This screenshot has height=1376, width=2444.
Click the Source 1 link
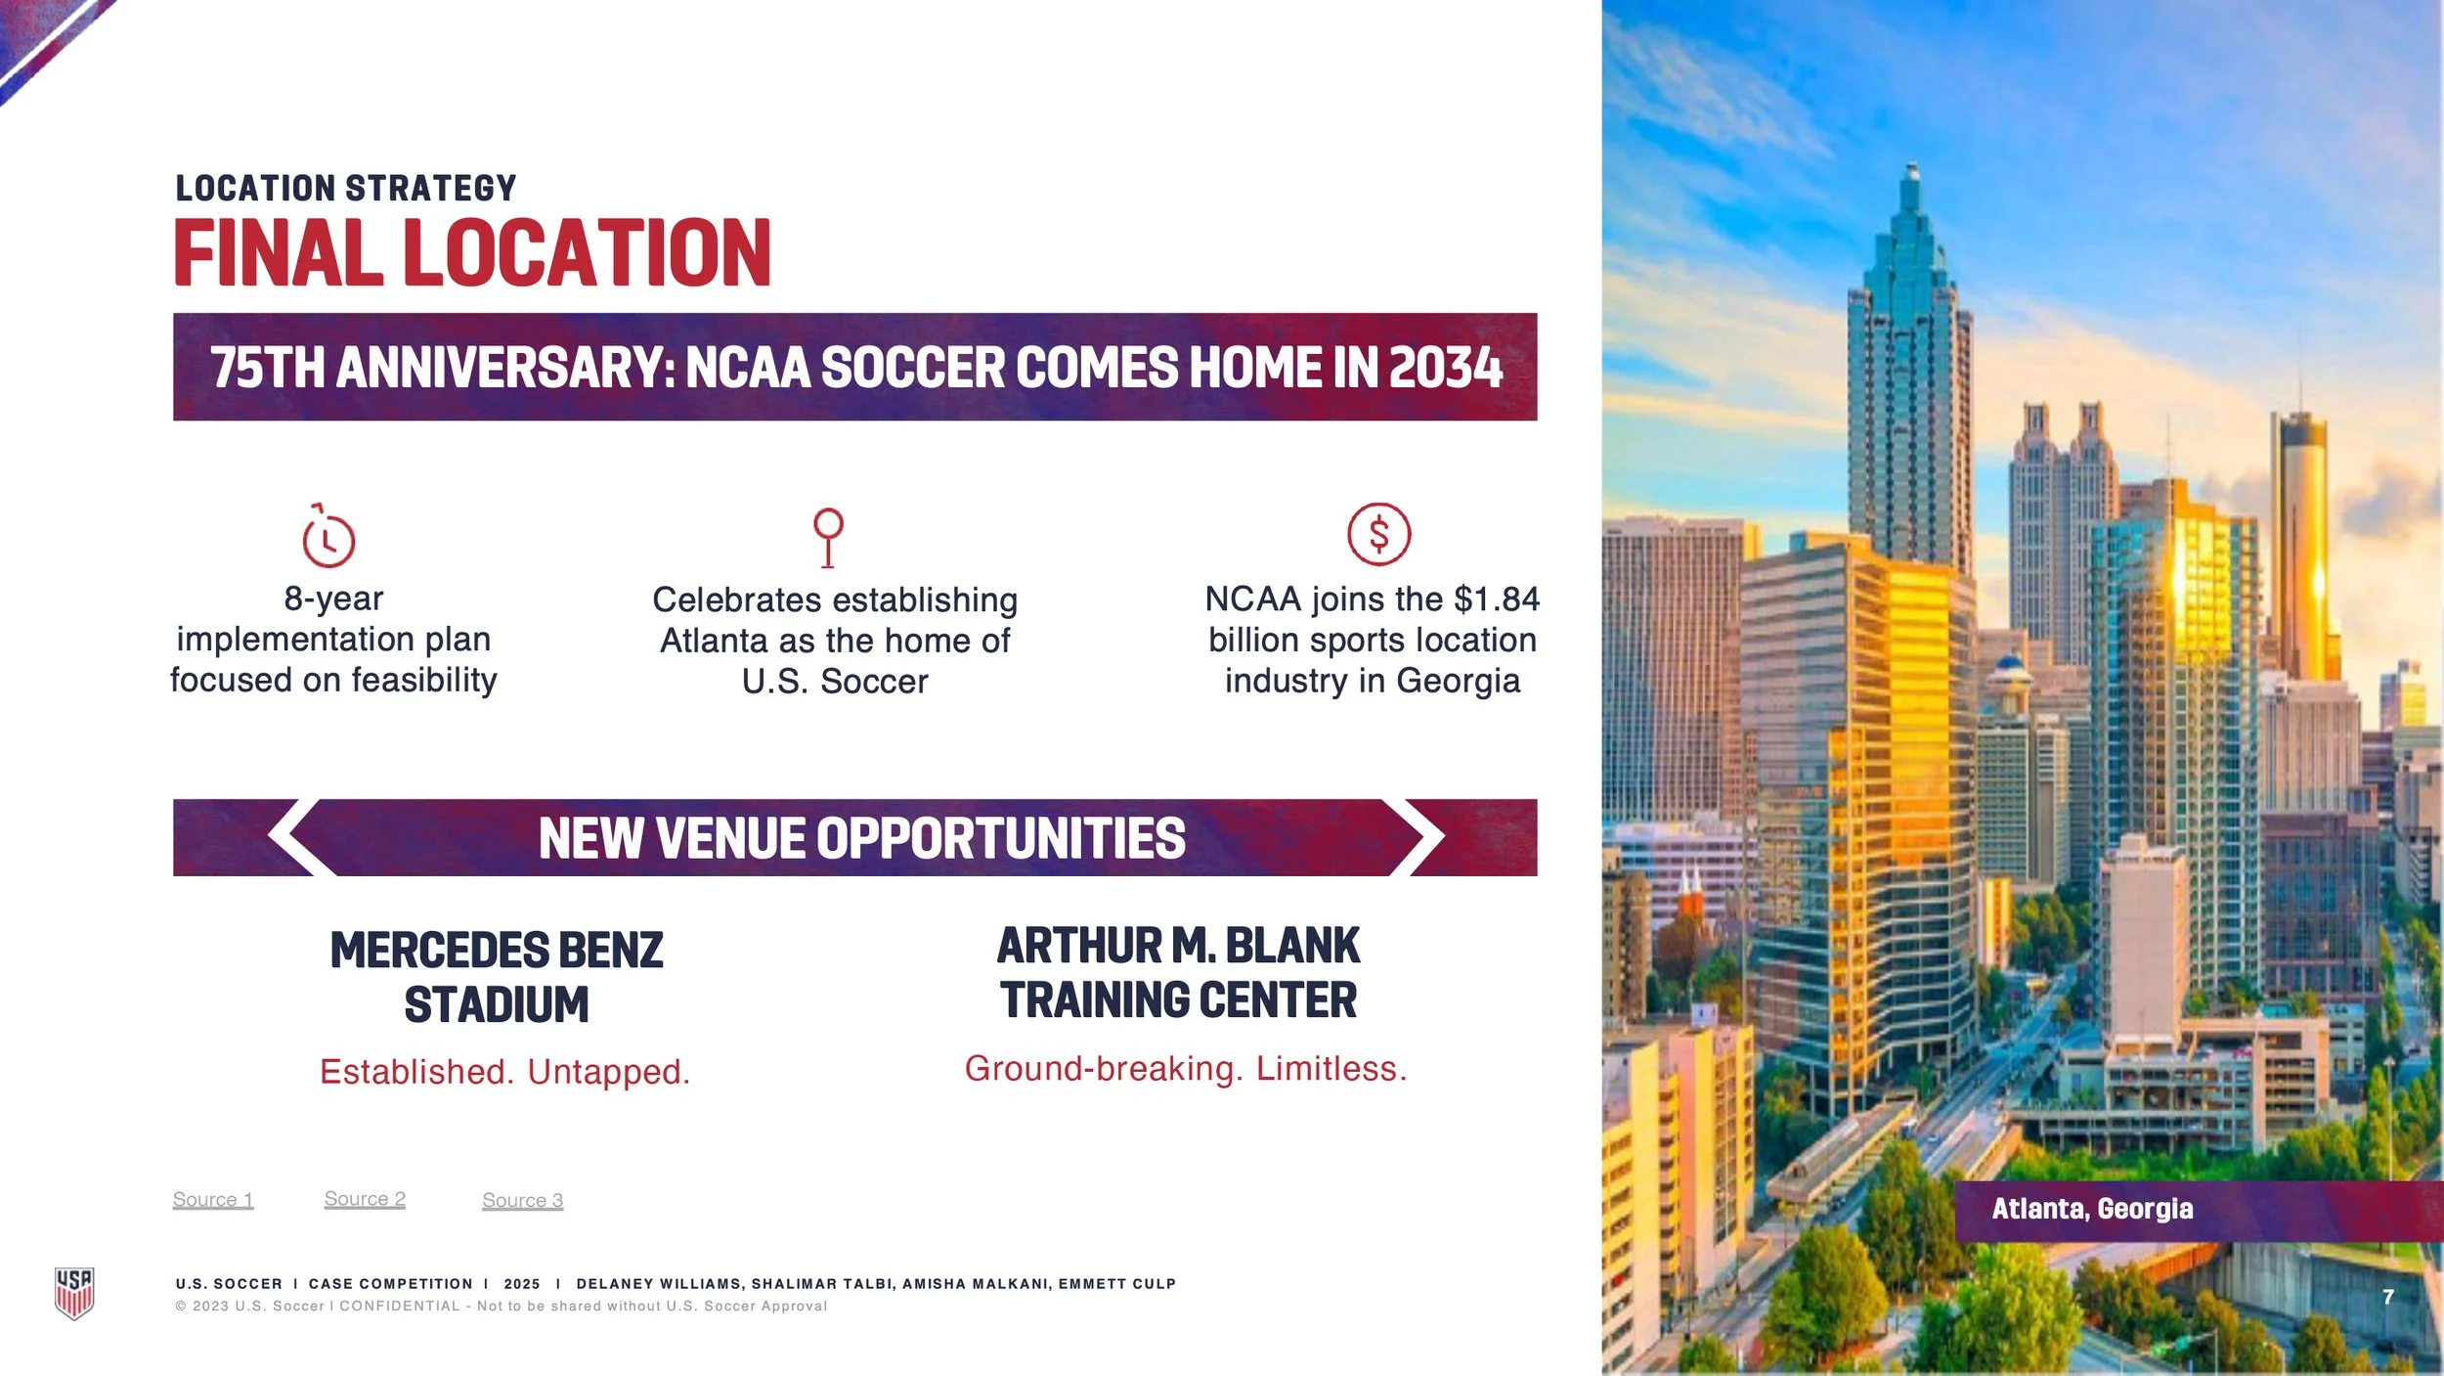213,1199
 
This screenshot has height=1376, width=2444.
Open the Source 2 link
365,1198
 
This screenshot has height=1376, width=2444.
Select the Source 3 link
523,1200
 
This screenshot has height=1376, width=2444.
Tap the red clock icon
327,537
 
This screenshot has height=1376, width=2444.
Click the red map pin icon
828,536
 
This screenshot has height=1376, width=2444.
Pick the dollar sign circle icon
1378,534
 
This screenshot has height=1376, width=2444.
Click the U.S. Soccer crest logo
74,1293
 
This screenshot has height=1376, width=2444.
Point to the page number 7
2388,1297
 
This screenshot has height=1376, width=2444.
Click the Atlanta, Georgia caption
2092,1209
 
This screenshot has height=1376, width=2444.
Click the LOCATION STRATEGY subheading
346,188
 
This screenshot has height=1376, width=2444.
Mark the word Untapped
608,1072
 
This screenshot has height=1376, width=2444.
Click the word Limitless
1331,1069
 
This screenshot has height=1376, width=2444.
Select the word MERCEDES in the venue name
429,951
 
